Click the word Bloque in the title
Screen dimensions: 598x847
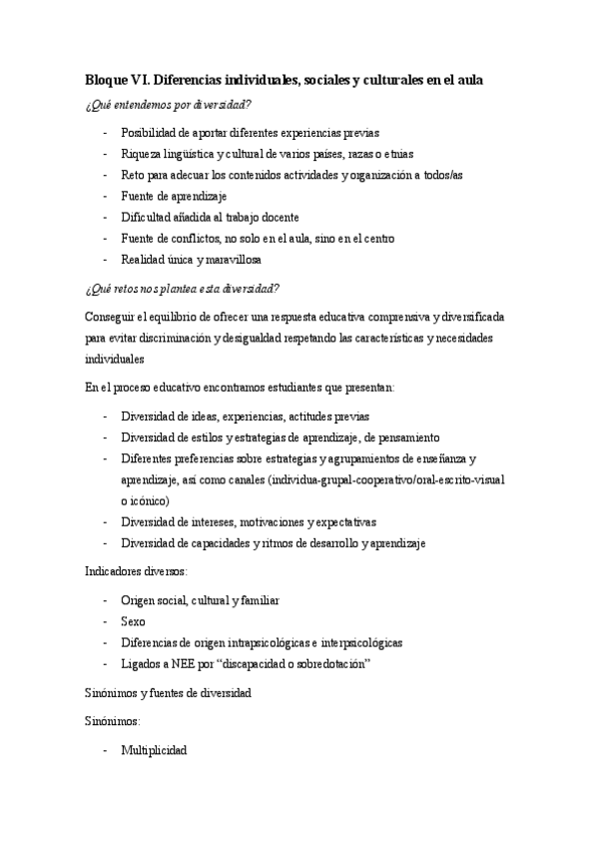[x=106, y=80]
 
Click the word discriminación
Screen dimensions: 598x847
[x=178, y=337]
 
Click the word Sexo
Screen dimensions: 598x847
[x=132, y=621]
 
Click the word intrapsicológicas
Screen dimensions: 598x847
[x=270, y=642]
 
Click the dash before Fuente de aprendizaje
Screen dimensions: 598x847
[x=106, y=196]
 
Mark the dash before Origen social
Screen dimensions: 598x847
[x=106, y=600]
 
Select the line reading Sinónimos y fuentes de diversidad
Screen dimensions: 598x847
[x=167, y=692]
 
